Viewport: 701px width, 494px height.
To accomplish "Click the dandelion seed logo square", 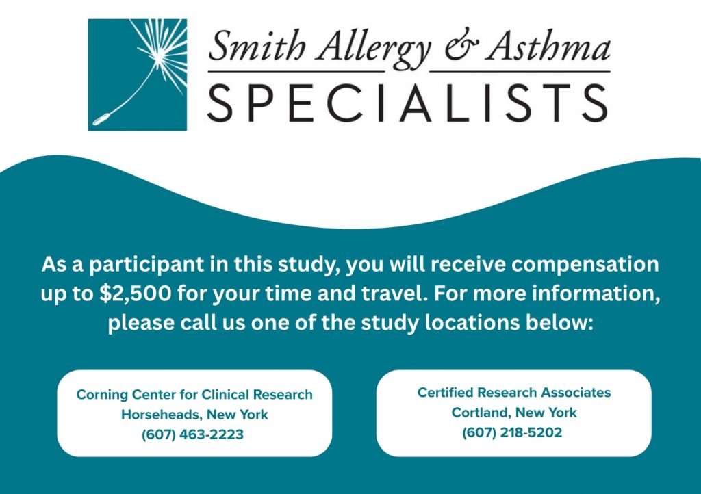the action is coord(137,75).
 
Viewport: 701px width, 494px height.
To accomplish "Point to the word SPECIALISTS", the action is coord(408,103).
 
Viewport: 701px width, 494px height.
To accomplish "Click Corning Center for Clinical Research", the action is coord(194,395).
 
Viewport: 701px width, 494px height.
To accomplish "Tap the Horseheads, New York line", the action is coord(194,415).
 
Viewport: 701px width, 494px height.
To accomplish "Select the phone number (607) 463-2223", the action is coord(192,434).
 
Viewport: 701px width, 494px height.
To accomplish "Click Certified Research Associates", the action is coord(514,393).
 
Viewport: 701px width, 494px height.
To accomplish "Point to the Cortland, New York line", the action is coord(514,413).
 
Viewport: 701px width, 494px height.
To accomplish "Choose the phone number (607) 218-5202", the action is coord(512,433).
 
